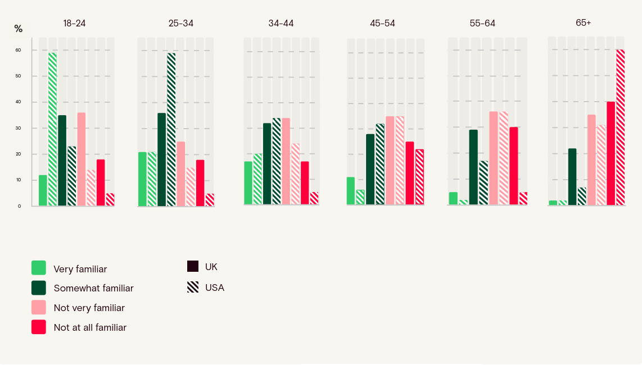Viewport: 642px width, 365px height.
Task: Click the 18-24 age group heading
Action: tap(74, 24)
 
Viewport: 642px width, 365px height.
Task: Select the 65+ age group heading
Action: tap(583, 22)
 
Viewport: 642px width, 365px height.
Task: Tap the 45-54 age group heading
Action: tap(382, 24)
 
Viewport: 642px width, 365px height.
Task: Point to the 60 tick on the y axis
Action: tap(18, 50)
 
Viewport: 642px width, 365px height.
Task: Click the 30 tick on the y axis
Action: tap(18, 128)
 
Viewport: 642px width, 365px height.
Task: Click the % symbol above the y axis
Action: tap(18, 29)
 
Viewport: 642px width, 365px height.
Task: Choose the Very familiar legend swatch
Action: tap(39, 268)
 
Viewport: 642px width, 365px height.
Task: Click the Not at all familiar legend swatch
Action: tap(39, 327)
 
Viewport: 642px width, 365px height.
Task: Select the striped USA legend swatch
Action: tap(193, 287)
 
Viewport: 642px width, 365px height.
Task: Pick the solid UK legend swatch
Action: tap(193, 266)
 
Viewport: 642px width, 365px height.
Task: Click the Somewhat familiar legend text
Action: tap(93, 288)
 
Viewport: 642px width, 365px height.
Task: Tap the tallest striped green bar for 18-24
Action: tap(52, 129)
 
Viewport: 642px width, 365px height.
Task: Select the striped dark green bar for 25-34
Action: tap(171, 129)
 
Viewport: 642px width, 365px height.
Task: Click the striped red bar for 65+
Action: tap(620, 127)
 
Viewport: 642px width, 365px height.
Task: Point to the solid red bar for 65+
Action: tap(611, 153)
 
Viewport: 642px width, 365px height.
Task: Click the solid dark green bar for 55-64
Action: tap(473, 167)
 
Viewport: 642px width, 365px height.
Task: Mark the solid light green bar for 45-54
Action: tap(351, 191)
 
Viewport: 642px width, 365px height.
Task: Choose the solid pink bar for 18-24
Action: tap(82, 159)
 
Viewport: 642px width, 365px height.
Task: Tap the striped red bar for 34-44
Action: tap(314, 198)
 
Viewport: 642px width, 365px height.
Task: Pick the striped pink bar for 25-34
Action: tap(191, 186)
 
